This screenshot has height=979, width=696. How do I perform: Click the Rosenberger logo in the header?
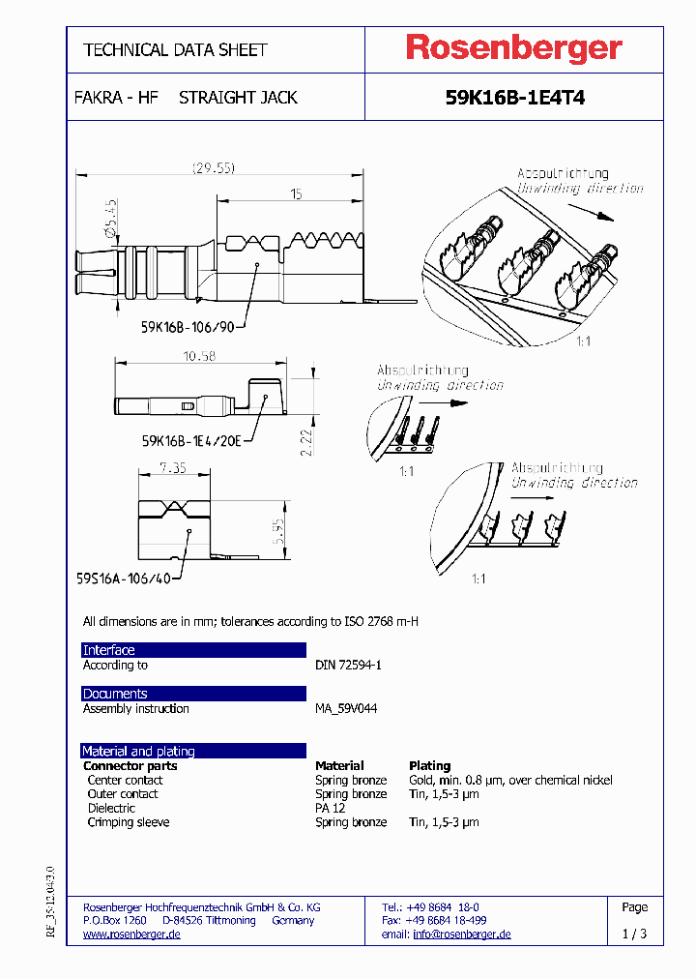[x=513, y=48]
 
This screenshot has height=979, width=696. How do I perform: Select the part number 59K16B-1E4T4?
[x=514, y=99]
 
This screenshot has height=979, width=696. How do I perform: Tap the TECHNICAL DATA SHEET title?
[x=175, y=49]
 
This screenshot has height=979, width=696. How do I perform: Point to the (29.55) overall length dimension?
[x=213, y=167]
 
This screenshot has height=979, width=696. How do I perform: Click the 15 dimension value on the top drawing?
[x=296, y=194]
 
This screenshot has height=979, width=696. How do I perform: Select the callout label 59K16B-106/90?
[x=188, y=327]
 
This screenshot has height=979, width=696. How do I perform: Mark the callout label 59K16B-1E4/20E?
[x=191, y=440]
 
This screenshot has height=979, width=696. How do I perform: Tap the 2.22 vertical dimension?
[x=305, y=440]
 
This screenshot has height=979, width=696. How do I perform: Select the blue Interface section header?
[x=193, y=650]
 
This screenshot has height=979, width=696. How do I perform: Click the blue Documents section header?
[x=193, y=694]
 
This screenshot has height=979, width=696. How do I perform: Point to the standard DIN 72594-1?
[x=349, y=666]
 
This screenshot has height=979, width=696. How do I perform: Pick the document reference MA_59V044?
[x=346, y=709]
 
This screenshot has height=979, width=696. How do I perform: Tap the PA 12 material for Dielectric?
[x=330, y=809]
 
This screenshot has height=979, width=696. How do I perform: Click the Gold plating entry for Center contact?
[x=510, y=781]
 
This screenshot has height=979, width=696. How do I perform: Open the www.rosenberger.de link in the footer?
[x=131, y=934]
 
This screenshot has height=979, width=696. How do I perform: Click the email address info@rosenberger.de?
[x=461, y=934]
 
